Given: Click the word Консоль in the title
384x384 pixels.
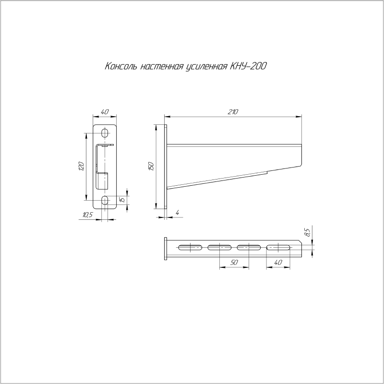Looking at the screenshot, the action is click(121, 66).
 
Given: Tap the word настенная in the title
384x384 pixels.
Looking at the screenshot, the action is click(162, 66).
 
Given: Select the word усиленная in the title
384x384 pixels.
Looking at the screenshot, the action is click(206, 67).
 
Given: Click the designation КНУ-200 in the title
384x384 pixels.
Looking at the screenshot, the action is click(248, 66).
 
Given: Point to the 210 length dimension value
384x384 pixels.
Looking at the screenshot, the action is click(233, 112).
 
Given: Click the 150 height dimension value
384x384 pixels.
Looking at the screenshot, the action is click(151, 166).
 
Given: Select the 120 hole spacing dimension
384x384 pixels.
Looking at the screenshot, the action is click(81, 166).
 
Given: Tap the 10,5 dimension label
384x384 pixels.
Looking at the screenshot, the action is click(88, 215).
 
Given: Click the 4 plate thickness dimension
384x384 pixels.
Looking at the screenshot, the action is click(178, 213).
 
